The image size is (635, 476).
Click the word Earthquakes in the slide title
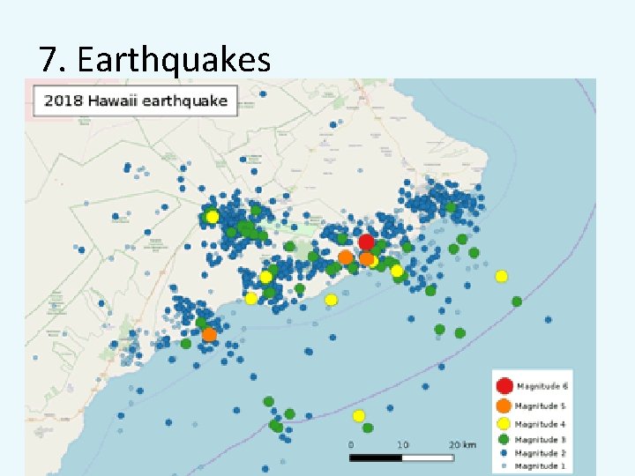click(174, 60)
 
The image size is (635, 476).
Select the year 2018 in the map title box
click(63, 100)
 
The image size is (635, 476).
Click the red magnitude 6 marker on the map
click(366, 242)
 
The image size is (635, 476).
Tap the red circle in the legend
click(504, 385)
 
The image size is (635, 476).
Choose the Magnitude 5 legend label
click(541, 406)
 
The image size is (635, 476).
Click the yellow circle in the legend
click(504, 424)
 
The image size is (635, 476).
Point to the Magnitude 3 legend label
click(541, 439)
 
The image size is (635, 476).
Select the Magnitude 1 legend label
click(541, 465)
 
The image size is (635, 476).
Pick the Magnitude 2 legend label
click(541, 452)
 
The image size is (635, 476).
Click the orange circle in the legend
click(504, 405)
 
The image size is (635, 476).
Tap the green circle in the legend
click(504, 439)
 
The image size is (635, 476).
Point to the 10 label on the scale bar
click(402, 445)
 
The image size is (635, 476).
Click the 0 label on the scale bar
click(351, 445)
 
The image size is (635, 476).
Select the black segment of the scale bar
click(377, 457)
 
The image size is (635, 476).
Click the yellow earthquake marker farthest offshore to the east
click(501, 276)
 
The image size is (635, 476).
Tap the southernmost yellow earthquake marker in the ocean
click(359, 415)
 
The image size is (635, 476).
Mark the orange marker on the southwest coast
click(209, 334)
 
